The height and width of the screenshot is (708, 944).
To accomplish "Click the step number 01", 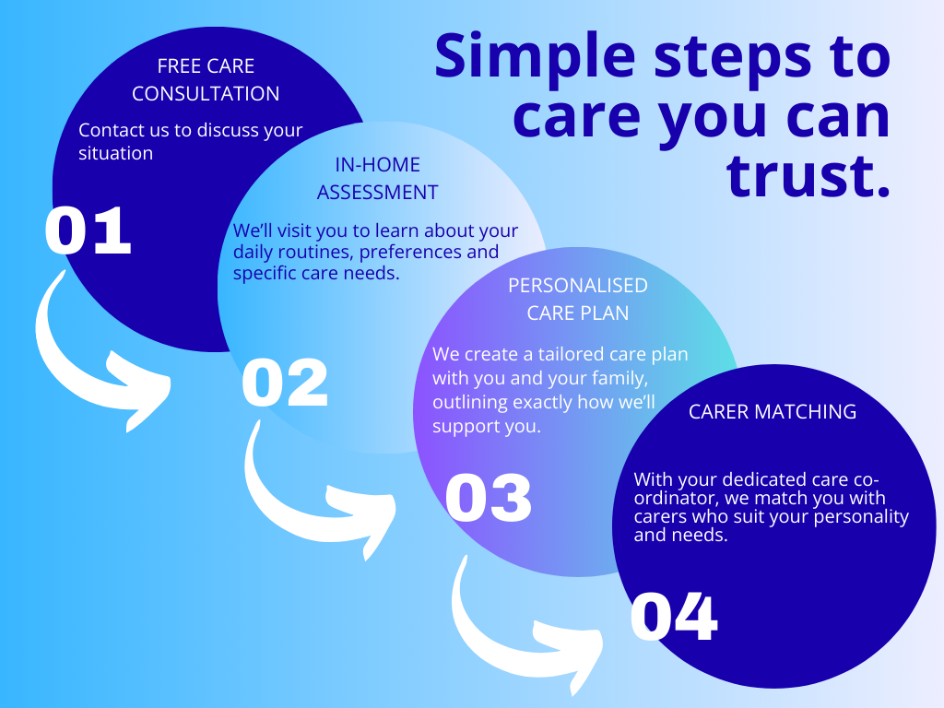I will click(x=88, y=231).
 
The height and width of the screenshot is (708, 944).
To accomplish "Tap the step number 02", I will click(x=285, y=383).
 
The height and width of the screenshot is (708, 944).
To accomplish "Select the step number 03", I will click(x=489, y=498).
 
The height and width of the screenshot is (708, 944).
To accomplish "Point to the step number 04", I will click(x=674, y=618).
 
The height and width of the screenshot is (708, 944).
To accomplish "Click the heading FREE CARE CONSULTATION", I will click(x=206, y=80).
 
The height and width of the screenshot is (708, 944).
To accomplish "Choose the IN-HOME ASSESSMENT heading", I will click(x=377, y=179).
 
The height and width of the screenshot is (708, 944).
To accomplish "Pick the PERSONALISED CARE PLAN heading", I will click(x=578, y=300).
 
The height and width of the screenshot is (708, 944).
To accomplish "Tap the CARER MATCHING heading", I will click(x=773, y=411).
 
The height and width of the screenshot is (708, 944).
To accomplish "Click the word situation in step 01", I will click(x=115, y=153).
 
